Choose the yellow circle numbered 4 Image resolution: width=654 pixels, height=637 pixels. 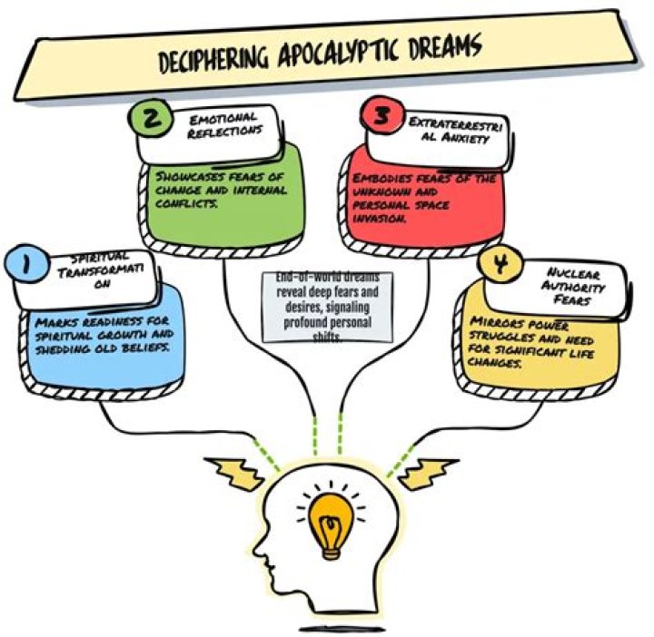coord(497,267)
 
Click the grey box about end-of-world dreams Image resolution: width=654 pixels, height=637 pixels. coord(328,307)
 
